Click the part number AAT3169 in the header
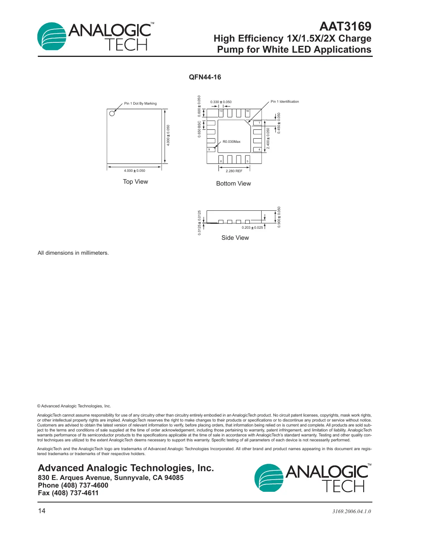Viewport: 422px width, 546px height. (x=345, y=26)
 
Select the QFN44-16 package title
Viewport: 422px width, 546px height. (x=205, y=77)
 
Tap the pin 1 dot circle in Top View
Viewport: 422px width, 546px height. (x=112, y=113)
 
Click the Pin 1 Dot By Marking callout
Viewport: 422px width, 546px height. (x=140, y=103)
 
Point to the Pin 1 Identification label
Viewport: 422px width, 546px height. (x=285, y=102)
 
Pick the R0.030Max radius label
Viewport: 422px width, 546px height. (x=231, y=142)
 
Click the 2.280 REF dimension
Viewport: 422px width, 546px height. (x=234, y=171)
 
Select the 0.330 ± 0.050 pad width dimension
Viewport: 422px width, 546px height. (x=221, y=102)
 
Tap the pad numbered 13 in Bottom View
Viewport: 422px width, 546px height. (x=221, y=113)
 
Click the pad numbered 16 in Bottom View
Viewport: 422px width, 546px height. (x=247, y=113)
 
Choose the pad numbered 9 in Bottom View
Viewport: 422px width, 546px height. (x=211, y=149)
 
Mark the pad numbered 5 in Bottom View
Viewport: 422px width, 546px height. (x=247, y=159)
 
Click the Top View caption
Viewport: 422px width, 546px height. (x=135, y=182)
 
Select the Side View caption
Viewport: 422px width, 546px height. (x=235, y=238)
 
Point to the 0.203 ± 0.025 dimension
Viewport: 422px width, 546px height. (x=252, y=228)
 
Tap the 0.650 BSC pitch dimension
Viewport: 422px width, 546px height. (x=199, y=129)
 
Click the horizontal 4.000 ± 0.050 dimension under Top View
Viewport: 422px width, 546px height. (x=134, y=171)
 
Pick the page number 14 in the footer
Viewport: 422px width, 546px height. (x=42, y=511)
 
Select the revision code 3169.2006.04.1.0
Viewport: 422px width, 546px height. (x=351, y=511)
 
